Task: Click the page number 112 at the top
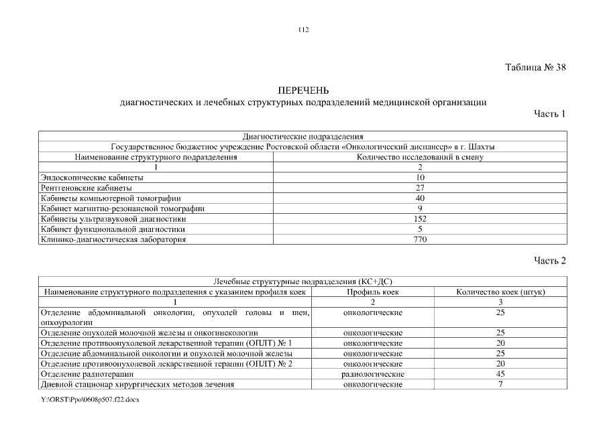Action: pos(303,29)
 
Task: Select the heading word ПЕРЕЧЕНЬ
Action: pos(303,90)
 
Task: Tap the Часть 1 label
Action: pos(549,114)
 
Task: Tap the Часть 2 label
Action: pos(549,261)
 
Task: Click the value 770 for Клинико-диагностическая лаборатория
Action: pos(420,239)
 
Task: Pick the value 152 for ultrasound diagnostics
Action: pos(420,219)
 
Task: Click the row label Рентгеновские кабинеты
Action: pos(86,188)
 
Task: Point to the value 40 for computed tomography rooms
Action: pos(420,198)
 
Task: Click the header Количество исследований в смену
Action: pos(421,157)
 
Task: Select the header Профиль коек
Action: pos(373,292)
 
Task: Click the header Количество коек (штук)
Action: pos(500,292)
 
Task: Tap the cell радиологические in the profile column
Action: pos(373,373)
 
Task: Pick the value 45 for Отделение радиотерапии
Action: pos(500,373)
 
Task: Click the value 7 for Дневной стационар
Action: pos(500,384)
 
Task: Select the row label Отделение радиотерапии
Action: pos(87,373)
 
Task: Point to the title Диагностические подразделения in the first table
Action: pos(302,137)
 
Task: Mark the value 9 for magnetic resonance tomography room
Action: pos(420,208)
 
